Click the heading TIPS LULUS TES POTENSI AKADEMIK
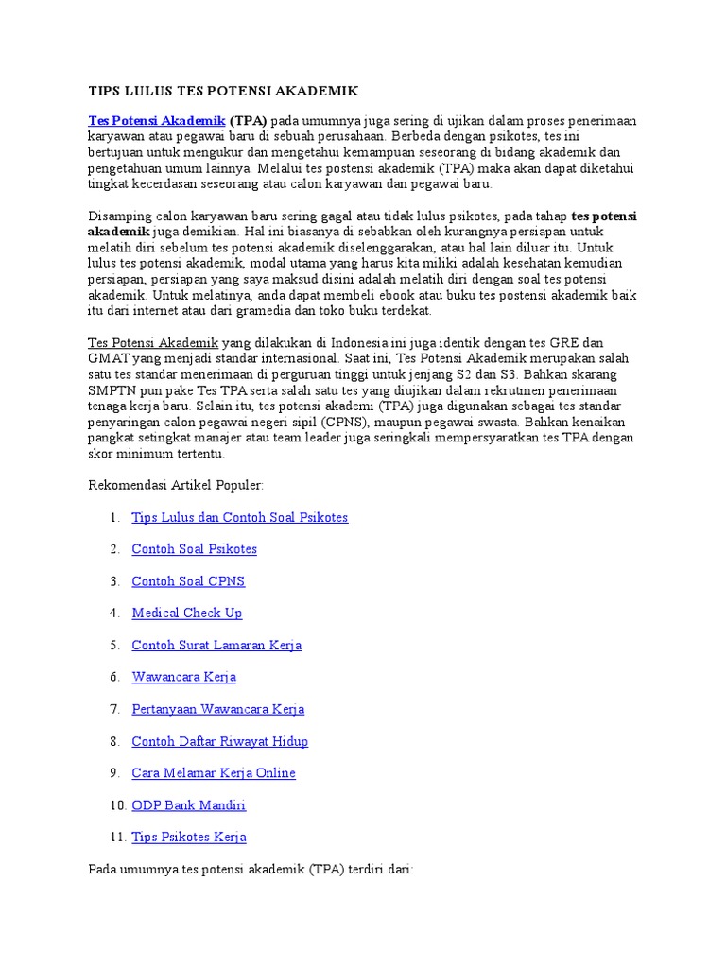click(223, 91)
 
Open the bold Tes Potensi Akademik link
click(156, 121)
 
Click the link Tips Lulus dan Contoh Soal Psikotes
click(240, 517)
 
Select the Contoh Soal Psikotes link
click(194, 549)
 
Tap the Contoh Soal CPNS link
click(188, 581)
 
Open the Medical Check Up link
click(186, 613)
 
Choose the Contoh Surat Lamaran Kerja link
click(216, 645)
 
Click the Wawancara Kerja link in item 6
click(183, 677)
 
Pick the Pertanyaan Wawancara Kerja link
click(217, 709)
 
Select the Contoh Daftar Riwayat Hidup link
click(219, 741)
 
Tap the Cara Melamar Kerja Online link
click(214, 773)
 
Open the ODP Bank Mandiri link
click(188, 805)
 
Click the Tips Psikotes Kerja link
click(189, 838)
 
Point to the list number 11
click(117, 838)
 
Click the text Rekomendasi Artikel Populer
click(176, 485)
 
